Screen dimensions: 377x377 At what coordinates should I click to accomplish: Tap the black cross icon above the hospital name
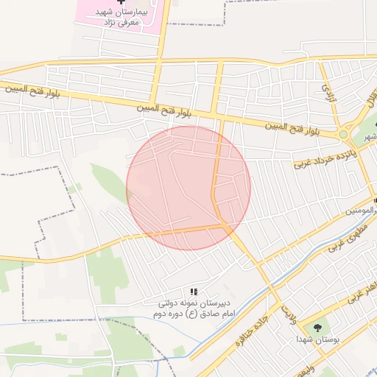coord(121,4)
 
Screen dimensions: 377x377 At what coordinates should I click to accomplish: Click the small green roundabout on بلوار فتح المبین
coord(343,135)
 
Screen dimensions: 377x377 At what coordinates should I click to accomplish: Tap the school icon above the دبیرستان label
coord(194,292)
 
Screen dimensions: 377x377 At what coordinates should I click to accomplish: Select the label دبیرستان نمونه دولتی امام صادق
coord(192,308)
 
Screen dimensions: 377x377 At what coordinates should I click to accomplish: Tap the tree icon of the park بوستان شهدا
coord(317,327)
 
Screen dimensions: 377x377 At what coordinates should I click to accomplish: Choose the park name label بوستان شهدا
coord(317,339)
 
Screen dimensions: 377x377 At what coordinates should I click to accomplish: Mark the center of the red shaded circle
coord(188,188)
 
